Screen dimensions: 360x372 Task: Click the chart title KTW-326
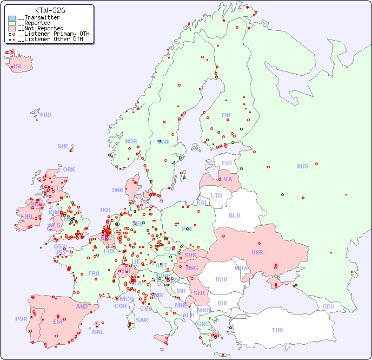tap(50, 10)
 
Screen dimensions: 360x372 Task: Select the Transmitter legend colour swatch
tap(12, 18)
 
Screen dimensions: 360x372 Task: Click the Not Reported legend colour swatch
tap(12, 29)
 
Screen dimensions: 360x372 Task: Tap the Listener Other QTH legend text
tap(50, 39)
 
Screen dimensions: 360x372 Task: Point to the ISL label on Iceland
tap(18, 67)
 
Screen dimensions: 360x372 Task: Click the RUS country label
tap(302, 166)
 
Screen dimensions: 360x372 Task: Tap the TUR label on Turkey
tap(277, 330)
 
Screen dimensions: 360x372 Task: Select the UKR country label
tap(257, 252)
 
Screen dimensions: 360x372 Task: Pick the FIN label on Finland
tap(226, 115)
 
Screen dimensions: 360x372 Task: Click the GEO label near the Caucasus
tap(328, 306)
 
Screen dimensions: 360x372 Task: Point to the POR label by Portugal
tap(21, 319)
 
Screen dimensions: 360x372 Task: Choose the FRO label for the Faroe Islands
tap(46, 115)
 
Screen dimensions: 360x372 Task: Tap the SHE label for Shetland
tap(63, 146)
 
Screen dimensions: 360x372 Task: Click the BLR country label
tap(235, 215)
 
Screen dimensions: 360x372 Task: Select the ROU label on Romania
tap(221, 279)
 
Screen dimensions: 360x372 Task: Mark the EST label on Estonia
tap(227, 163)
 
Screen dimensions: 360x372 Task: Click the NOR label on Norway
tap(131, 141)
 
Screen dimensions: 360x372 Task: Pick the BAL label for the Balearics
tap(98, 332)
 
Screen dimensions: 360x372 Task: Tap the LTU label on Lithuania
tap(216, 195)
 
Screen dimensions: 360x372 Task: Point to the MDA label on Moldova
tap(241, 268)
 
